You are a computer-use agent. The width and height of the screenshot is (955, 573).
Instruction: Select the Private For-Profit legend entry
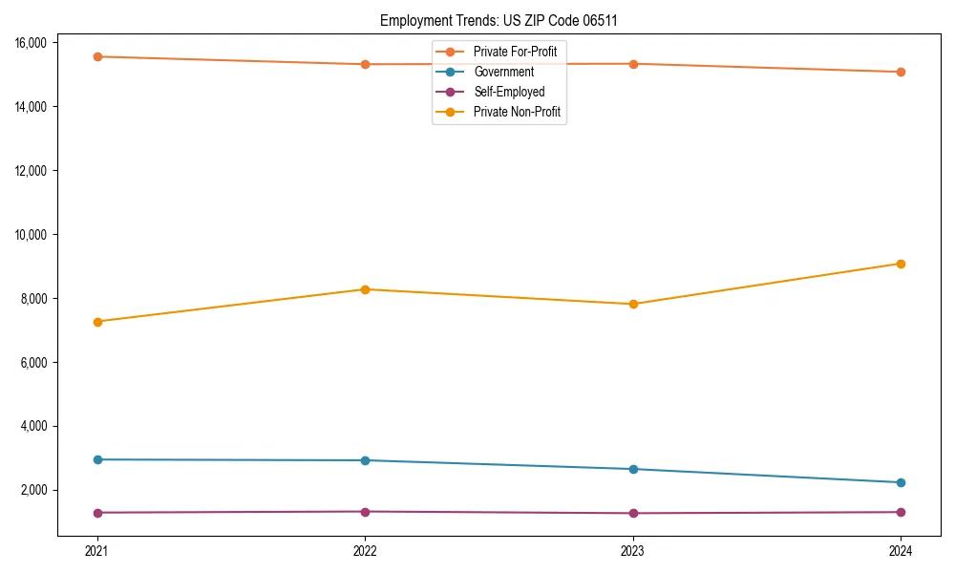coord(515,52)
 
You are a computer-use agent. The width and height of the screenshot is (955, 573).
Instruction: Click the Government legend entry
coord(503,72)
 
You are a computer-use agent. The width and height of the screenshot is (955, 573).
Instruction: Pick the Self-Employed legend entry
coord(509,92)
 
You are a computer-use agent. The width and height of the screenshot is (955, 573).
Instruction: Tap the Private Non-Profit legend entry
coord(517,112)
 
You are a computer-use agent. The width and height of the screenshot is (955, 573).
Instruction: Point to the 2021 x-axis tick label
coord(96,550)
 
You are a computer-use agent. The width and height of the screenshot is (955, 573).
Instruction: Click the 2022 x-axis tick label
coord(365,550)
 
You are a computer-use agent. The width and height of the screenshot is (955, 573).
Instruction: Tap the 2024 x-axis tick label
coord(901,550)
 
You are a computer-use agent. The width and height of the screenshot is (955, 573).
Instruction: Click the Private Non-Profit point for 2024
coord(901,264)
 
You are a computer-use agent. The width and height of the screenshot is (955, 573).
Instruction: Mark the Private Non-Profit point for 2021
coord(96,322)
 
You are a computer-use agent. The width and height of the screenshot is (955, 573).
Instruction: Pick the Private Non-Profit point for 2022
coord(365,289)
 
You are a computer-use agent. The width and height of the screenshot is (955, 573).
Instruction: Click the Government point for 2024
coord(901,482)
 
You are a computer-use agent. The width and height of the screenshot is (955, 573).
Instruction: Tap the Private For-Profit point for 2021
coord(96,56)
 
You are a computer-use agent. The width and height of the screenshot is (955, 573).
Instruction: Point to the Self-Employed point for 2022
coord(365,512)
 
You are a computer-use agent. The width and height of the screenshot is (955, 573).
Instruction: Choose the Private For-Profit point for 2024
coord(901,72)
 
